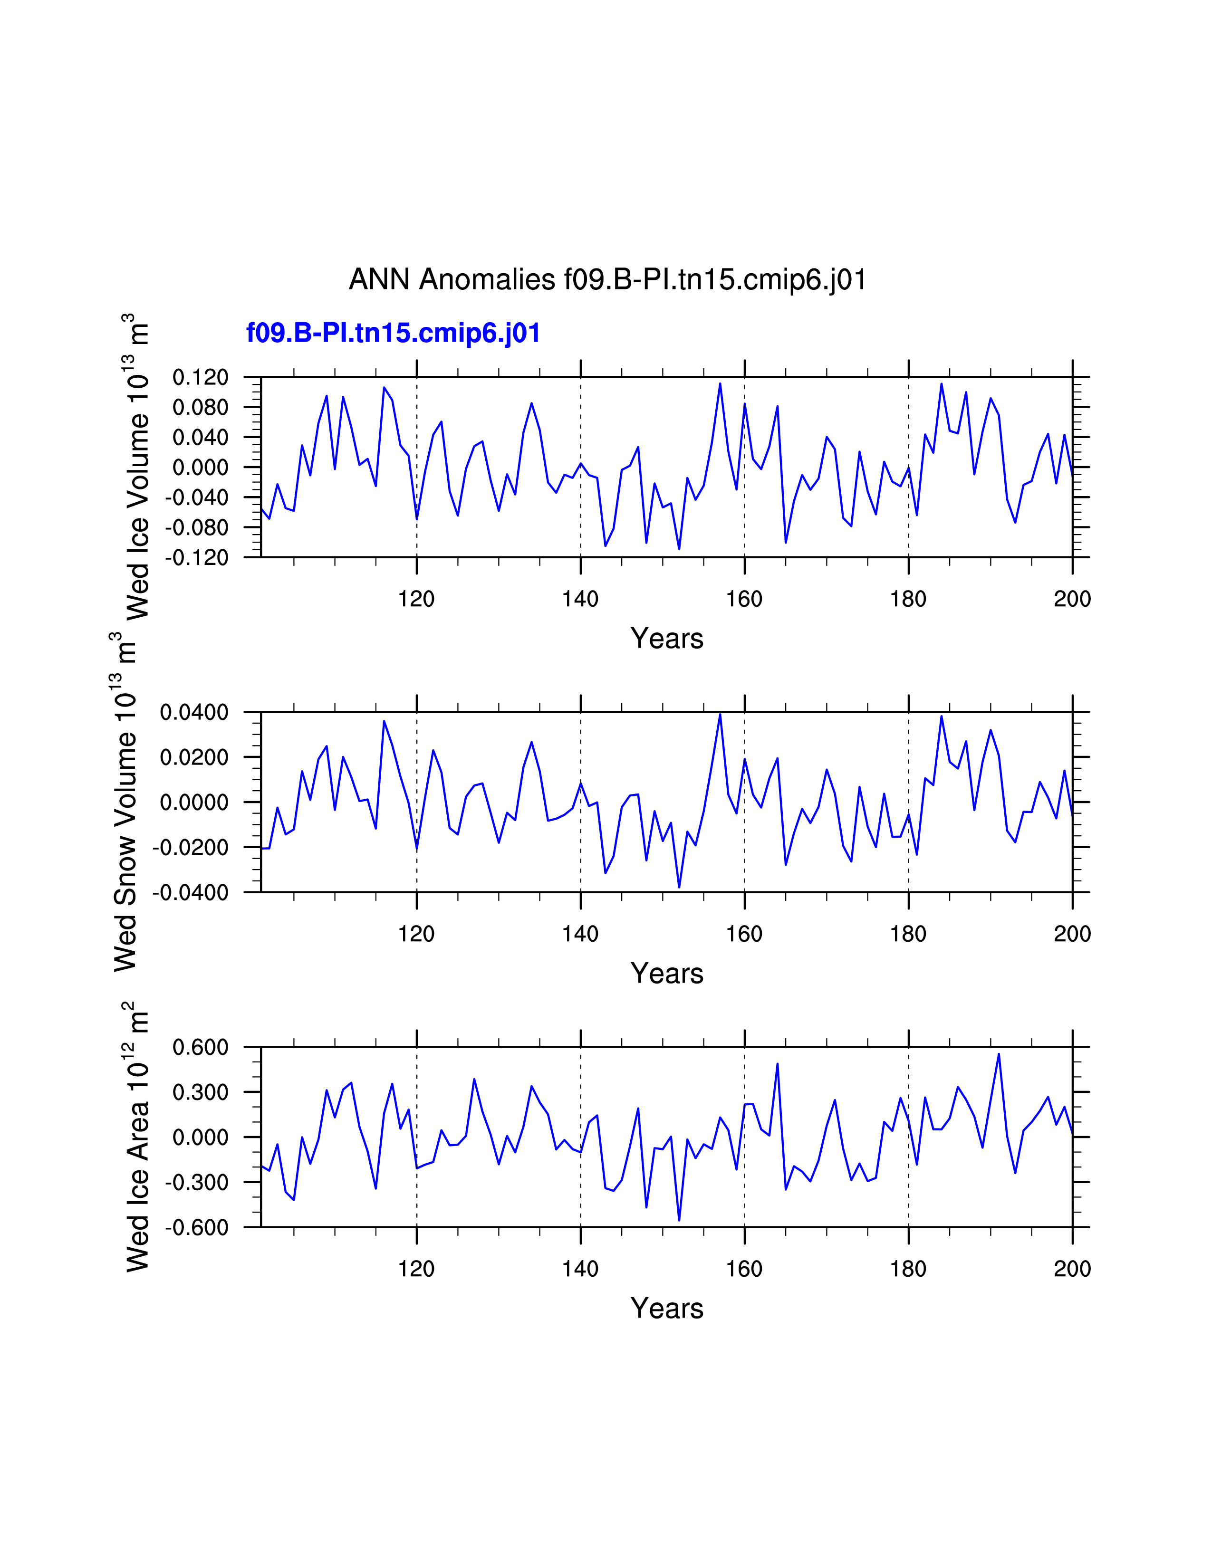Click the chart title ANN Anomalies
[607, 279]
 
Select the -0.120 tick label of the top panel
[197, 557]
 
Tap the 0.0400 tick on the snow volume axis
[194, 712]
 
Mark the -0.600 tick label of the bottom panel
[197, 1227]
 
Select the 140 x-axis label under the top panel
[580, 599]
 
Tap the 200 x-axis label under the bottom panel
[1072, 1269]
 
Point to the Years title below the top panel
[667, 638]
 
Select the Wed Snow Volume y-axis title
[125, 802]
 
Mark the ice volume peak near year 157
[720, 383]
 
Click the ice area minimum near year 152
[679, 1220]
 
